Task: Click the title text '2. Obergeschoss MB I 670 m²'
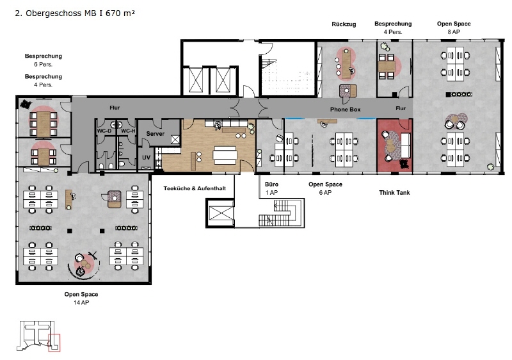tap(75, 13)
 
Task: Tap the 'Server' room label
tap(155, 134)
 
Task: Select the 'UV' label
tap(146, 158)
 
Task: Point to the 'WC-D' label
tap(104, 131)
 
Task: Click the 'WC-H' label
tap(128, 131)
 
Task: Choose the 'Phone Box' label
tap(345, 110)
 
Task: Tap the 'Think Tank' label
tap(394, 192)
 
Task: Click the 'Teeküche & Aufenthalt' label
tap(195, 188)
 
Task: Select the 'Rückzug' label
tap(344, 24)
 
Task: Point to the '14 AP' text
tap(81, 302)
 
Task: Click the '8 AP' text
tap(454, 31)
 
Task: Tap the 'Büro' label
tap(271, 184)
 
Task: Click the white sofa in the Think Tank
tap(405, 145)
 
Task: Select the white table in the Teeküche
tap(225, 155)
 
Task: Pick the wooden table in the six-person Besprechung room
tap(44, 124)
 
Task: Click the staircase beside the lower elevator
tap(280, 213)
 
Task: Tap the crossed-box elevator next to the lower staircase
tap(220, 213)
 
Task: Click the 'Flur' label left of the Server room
tap(115, 108)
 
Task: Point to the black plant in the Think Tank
tap(404, 165)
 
